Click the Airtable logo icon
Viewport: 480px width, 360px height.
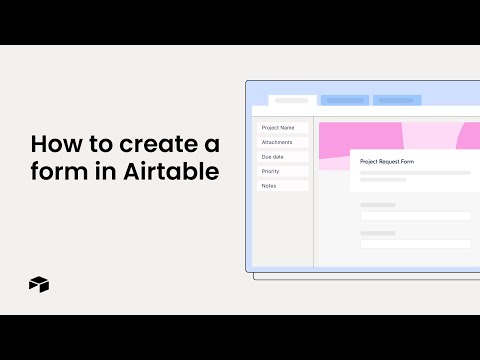click(x=39, y=284)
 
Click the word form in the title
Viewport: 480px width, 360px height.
click(x=54, y=171)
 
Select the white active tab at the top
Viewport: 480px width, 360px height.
click(x=292, y=100)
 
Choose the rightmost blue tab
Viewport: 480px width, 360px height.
click(x=398, y=100)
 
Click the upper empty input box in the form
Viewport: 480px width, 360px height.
click(x=415, y=215)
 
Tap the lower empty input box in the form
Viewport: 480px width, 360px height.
click(x=415, y=243)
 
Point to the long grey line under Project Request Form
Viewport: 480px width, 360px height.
click(x=415, y=172)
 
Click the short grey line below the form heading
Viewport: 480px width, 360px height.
click(x=383, y=180)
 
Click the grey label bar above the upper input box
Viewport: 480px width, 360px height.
click(x=378, y=205)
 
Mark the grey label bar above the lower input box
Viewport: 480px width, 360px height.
click(x=378, y=233)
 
